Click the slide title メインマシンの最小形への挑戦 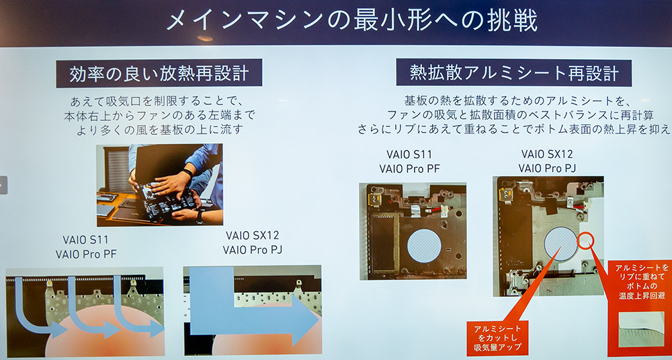click(x=351, y=21)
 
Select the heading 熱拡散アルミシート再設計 click(x=514, y=73)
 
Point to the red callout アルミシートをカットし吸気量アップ click(x=497, y=338)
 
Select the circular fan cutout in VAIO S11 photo click(x=424, y=246)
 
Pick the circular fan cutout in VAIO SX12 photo click(x=560, y=243)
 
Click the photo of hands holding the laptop click(x=159, y=185)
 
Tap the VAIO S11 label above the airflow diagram click(x=86, y=240)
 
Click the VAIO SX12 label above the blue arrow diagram click(x=253, y=235)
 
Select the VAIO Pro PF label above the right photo click(x=409, y=169)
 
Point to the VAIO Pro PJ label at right click(x=547, y=168)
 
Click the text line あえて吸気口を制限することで click(x=157, y=102)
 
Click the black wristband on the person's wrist click(x=187, y=173)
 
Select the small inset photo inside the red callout click(x=641, y=328)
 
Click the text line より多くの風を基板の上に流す click(x=159, y=130)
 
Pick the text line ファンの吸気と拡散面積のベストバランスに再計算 click(x=520, y=116)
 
